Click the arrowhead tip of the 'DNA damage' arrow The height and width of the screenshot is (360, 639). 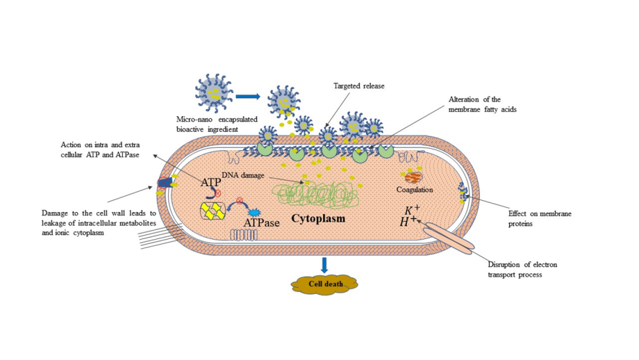pos(304,183)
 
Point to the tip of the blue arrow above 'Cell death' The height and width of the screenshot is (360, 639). pos(324,272)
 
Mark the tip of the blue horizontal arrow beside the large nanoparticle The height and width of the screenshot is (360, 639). pos(260,97)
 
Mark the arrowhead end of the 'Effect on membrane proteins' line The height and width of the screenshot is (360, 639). pos(465,196)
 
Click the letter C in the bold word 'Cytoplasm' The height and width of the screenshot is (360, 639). pos(295,218)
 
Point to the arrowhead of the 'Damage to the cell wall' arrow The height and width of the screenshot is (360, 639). pos(153,187)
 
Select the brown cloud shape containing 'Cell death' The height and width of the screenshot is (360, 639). pos(324,284)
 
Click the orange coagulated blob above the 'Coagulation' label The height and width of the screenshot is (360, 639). pos(414,177)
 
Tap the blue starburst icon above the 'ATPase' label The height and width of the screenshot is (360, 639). pos(254,213)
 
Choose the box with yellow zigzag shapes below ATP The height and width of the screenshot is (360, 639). pos(213,211)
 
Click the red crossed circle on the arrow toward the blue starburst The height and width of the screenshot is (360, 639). pos(240,201)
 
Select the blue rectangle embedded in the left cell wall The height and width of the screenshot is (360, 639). pos(165,183)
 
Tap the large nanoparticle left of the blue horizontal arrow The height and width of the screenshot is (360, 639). pos(214,93)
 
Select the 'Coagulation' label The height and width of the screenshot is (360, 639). pos(415,190)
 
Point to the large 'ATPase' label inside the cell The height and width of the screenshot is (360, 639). pos(262,223)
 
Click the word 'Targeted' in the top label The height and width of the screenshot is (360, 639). pos(346,86)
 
